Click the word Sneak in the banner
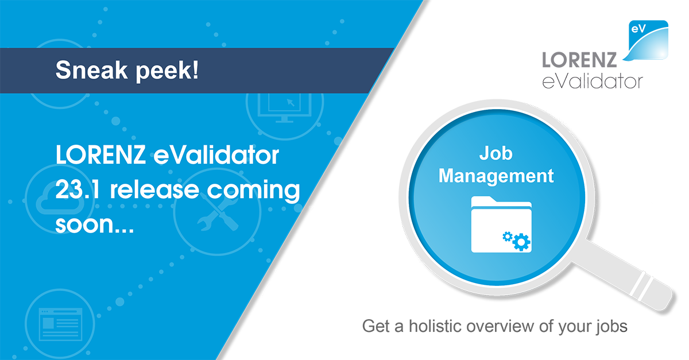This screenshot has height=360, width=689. pyautogui.click(x=91, y=70)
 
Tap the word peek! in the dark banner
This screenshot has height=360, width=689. pyautogui.click(x=167, y=71)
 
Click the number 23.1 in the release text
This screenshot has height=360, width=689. pyautogui.click(x=78, y=189)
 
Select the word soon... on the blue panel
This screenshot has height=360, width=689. pyautogui.click(x=94, y=224)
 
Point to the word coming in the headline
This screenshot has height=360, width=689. pyautogui.click(x=253, y=191)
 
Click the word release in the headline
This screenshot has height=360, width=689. pyautogui.click(x=154, y=189)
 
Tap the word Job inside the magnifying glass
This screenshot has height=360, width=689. pyautogui.click(x=496, y=153)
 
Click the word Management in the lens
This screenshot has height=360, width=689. pyautogui.click(x=496, y=176)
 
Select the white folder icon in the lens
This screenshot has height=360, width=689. pyautogui.click(x=501, y=224)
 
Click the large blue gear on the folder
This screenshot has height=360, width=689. pyautogui.click(x=522, y=242)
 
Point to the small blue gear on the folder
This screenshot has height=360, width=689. pyautogui.click(x=508, y=237)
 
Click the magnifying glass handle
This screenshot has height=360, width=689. pyautogui.click(x=625, y=275)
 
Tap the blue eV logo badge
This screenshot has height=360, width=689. pyautogui.click(x=648, y=40)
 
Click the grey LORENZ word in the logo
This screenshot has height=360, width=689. pyautogui.click(x=579, y=60)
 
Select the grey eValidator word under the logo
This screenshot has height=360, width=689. pyautogui.click(x=593, y=81)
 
